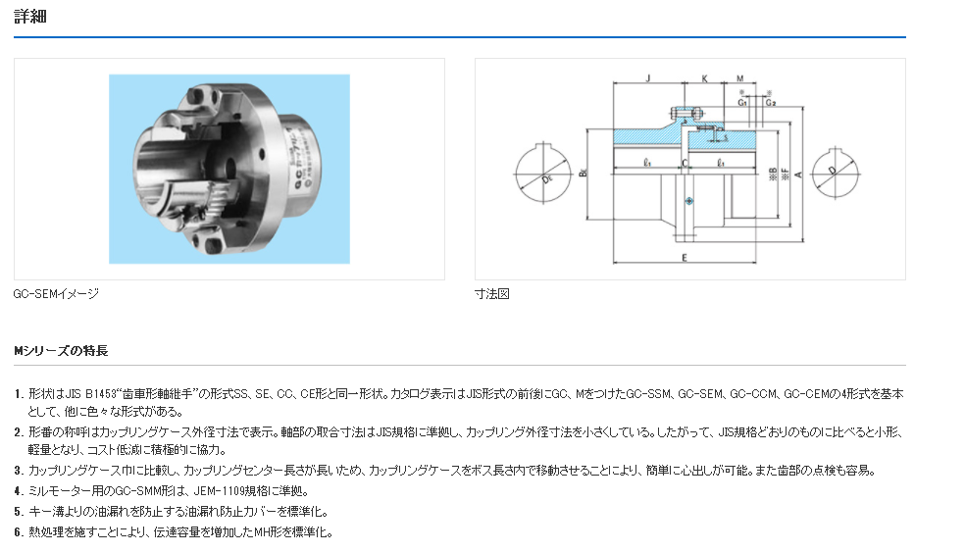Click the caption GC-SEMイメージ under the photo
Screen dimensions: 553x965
(x=56, y=293)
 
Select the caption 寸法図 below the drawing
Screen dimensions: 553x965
(x=492, y=293)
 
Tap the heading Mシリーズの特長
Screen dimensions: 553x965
(x=61, y=350)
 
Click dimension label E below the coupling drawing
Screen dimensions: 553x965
(x=684, y=257)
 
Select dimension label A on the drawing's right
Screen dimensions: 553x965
(x=799, y=175)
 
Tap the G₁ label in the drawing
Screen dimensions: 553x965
(x=743, y=101)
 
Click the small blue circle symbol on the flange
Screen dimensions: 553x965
(x=690, y=201)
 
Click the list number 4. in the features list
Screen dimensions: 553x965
(x=19, y=490)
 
